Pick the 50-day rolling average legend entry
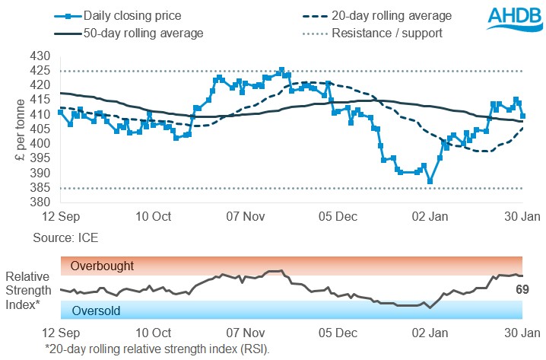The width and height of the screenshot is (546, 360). pos(129,33)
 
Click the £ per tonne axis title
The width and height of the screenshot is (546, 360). pos(21,129)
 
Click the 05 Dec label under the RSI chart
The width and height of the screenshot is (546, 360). pos(337,333)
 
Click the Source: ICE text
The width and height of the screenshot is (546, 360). pos(65,238)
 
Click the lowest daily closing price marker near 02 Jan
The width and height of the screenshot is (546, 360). pos(430,181)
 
